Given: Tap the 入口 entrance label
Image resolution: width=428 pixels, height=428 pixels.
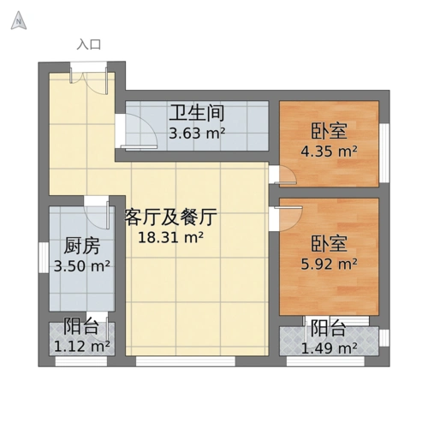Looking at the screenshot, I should point(88,45).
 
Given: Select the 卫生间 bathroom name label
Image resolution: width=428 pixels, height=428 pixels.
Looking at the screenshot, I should point(196,113).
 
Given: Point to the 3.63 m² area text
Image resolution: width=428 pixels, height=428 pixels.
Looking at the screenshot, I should point(196,133).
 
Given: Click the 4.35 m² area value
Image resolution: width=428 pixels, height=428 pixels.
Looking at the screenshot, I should point(329,152).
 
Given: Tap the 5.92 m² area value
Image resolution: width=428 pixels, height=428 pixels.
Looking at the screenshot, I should point(329,264).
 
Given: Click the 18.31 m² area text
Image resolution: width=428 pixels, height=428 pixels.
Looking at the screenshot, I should point(170,237).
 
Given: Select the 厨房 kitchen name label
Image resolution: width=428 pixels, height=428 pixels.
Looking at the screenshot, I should point(82,245).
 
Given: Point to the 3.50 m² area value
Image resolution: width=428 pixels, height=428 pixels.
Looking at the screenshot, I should point(82,265).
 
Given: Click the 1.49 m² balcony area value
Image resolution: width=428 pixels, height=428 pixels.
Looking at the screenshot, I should point(329,348).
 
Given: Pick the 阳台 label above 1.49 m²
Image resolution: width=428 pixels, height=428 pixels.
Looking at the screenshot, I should point(328,328).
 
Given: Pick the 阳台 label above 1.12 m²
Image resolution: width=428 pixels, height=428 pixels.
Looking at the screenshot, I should point(81,327).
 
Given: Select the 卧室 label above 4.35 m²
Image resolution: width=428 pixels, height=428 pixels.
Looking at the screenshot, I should point(329,131).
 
